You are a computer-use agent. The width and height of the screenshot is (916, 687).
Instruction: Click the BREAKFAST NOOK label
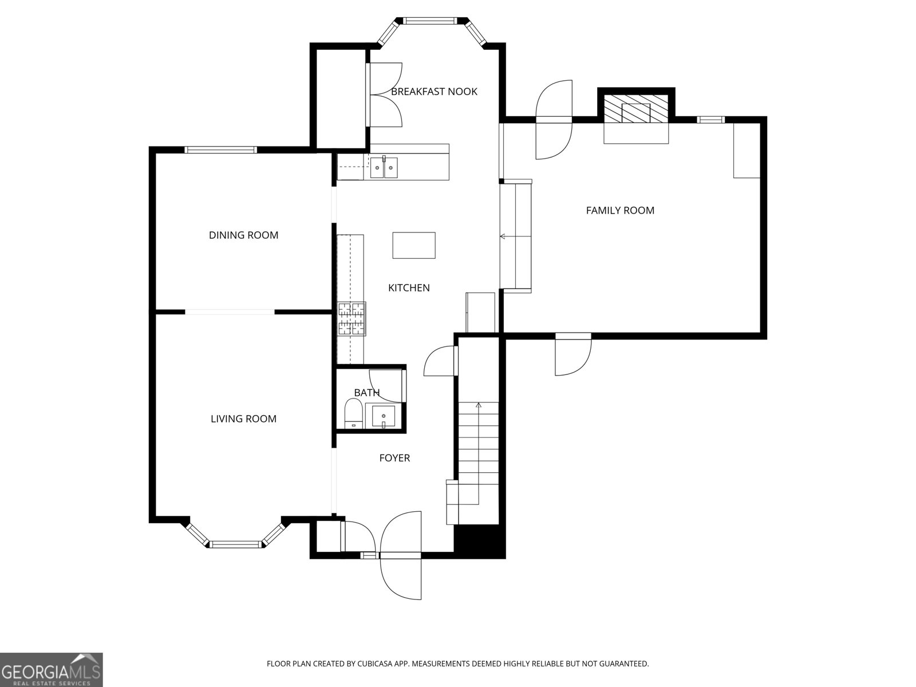pyautogui.click(x=434, y=92)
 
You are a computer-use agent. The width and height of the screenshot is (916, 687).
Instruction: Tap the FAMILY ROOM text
pyautogui.click(x=620, y=210)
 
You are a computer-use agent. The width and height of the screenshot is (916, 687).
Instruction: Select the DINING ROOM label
pyautogui.click(x=243, y=235)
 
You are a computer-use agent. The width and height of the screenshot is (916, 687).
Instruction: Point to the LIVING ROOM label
pyautogui.click(x=243, y=418)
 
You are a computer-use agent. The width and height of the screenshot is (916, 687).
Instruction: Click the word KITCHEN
pyautogui.click(x=409, y=287)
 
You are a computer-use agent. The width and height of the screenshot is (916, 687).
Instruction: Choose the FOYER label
pyautogui.click(x=394, y=457)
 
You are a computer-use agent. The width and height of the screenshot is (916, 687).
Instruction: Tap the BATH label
pyautogui.click(x=366, y=393)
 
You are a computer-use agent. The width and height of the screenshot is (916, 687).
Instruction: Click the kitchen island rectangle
pyautogui.click(x=414, y=245)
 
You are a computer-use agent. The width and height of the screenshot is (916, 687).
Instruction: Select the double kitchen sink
pyautogui.click(x=384, y=167)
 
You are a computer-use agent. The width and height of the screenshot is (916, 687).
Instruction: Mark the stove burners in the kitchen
pyautogui.click(x=352, y=319)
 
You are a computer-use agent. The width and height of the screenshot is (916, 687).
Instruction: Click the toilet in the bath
pyautogui.click(x=353, y=413)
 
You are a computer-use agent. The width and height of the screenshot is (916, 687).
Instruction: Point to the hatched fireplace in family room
pyautogui.click(x=636, y=108)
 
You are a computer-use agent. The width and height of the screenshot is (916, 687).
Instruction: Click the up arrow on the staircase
pyautogui.click(x=479, y=406)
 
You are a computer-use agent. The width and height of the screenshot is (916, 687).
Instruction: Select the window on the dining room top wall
pyautogui.click(x=220, y=150)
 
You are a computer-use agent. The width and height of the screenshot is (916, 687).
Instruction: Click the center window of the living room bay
pyautogui.click(x=235, y=544)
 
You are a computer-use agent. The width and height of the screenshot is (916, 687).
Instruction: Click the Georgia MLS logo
pyautogui.click(x=52, y=669)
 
